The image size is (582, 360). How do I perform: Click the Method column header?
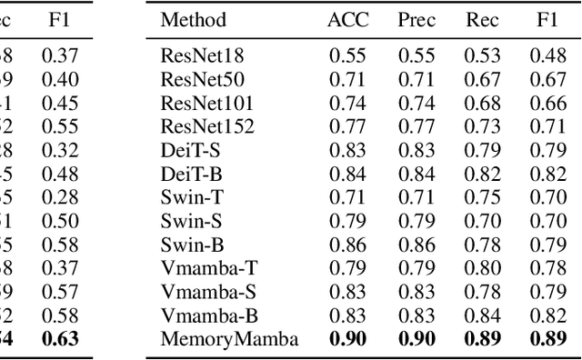193,19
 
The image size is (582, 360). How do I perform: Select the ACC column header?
347,19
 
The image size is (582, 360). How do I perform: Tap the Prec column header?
416,19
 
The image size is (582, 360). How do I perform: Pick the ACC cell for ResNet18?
347,55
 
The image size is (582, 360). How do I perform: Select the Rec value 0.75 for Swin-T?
483,197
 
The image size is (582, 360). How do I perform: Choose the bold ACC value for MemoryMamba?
347,339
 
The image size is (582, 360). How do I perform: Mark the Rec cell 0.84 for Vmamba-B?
483,315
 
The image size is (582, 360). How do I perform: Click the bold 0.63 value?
60,339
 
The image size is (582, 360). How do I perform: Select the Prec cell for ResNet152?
416,126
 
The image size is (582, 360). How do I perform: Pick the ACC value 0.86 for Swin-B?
347,245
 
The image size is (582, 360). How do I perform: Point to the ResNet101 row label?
206,103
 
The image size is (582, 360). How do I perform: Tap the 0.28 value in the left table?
60,197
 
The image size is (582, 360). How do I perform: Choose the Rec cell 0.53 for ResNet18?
483,55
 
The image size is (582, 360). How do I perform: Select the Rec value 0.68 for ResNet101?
483,103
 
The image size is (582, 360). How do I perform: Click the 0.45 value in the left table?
60,103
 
